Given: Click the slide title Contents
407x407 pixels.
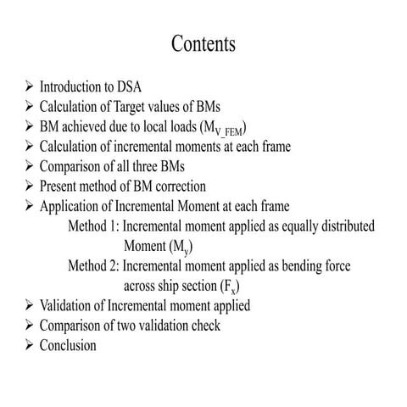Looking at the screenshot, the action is [203, 42].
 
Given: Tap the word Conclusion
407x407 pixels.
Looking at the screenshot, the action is [68, 345].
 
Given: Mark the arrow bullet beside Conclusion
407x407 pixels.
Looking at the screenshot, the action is [30, 345].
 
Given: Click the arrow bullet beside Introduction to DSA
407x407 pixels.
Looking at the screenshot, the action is [30, 87].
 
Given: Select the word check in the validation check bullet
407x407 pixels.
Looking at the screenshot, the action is [228, 326].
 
